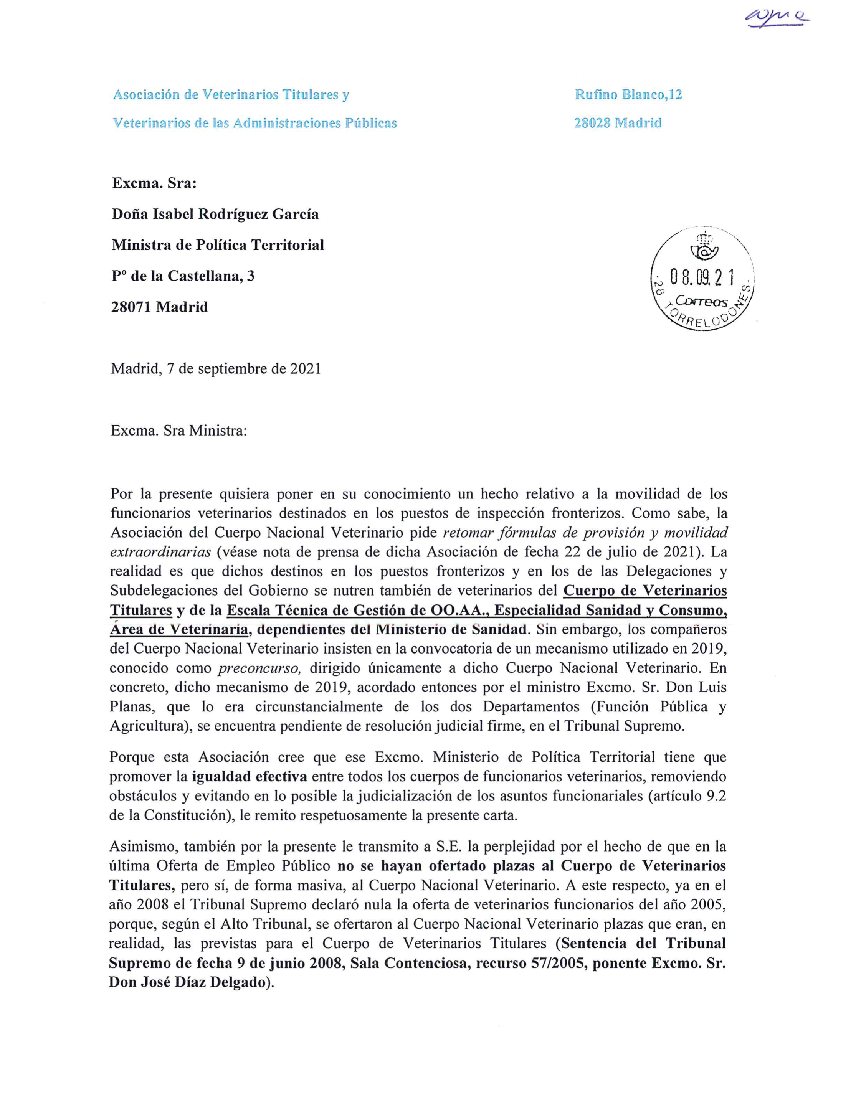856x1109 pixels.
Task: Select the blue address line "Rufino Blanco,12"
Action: (x=628, y=94)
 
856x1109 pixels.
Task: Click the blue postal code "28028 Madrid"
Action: (x=618, y=123)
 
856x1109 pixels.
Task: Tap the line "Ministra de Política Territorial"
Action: (x=217, y=245)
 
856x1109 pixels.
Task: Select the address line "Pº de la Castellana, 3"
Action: (x=183, y=276)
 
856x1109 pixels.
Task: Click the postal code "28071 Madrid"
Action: (x=160, y=307)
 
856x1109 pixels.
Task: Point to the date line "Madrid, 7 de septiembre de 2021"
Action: (x=216, y=369)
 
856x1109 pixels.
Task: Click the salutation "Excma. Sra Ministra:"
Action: (x=179, y=431)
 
